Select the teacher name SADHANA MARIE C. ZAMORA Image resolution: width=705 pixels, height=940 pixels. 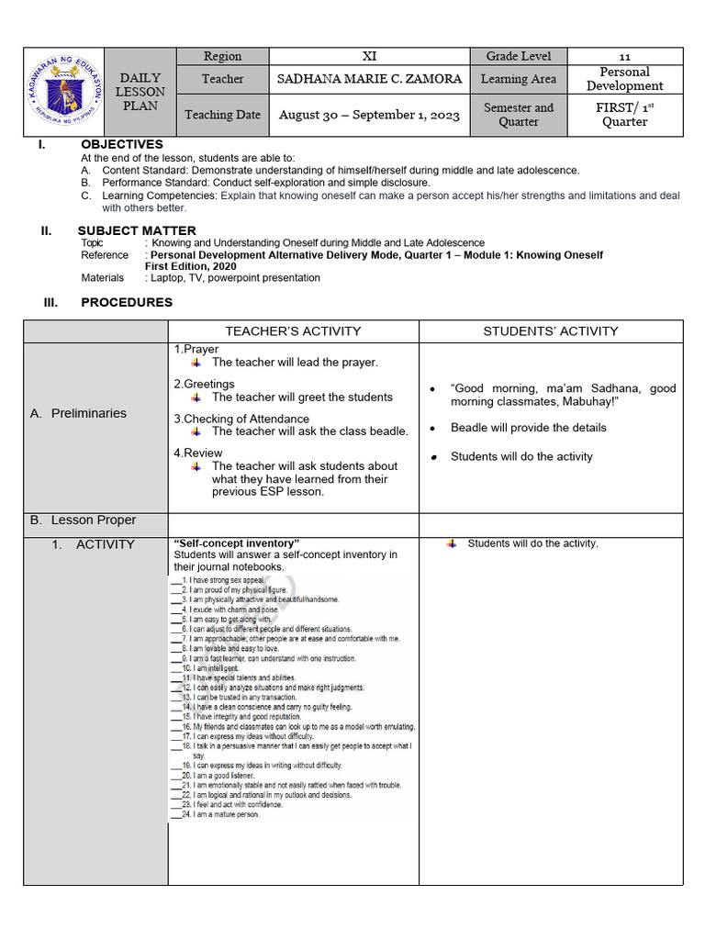click(369, 79)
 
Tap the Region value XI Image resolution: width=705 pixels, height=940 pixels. click(369, 56)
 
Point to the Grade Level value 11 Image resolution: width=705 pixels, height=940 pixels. click(625, 56)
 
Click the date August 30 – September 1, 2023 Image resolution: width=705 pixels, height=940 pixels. click(369, 115)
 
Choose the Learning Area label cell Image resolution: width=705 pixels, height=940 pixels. click(518, 79)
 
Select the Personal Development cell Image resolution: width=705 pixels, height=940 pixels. click(625, 79)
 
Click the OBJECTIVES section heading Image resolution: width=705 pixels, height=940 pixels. click(121, 144)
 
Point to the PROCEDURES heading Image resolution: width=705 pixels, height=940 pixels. click(127, 302)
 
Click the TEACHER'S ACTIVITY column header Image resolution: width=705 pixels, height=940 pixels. click(293, 331)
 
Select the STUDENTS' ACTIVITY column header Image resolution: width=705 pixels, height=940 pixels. click(551, 331)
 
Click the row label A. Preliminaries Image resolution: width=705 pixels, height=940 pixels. click(78, 413)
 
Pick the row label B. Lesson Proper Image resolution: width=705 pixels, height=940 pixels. click(83, 520)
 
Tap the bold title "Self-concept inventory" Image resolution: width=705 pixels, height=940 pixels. click(237, 543)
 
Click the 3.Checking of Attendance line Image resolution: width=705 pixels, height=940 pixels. click(241, 419)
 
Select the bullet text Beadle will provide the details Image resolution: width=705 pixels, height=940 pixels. click(528, 428)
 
